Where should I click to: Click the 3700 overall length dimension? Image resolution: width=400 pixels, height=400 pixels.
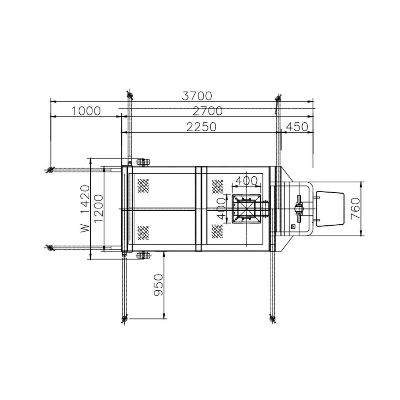197,96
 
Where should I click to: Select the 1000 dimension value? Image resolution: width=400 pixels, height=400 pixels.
86,111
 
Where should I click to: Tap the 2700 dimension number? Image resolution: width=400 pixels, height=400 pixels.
208,111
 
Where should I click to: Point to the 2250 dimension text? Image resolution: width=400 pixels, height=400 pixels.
201,127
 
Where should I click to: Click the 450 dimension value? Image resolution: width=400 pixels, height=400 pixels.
297,127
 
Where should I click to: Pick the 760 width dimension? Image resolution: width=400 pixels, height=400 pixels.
355,209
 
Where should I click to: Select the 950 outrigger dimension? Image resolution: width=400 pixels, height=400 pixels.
158,285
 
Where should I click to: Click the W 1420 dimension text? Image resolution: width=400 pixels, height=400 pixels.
85,209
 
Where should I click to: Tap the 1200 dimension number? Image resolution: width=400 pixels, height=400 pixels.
99,209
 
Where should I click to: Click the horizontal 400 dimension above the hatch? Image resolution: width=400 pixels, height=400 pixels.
247,181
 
